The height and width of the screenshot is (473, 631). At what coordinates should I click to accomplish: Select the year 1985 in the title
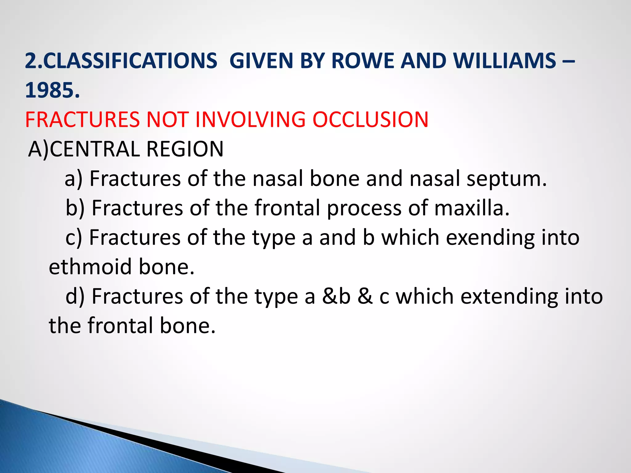coord(49,91)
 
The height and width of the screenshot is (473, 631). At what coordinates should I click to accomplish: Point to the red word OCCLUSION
coord(370,119)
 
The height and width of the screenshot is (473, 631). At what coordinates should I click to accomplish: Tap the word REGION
coord(185,149)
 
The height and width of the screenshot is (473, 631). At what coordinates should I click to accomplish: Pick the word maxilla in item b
coord(472,208)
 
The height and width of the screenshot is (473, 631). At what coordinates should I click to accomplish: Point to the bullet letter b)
coord(75,208)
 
